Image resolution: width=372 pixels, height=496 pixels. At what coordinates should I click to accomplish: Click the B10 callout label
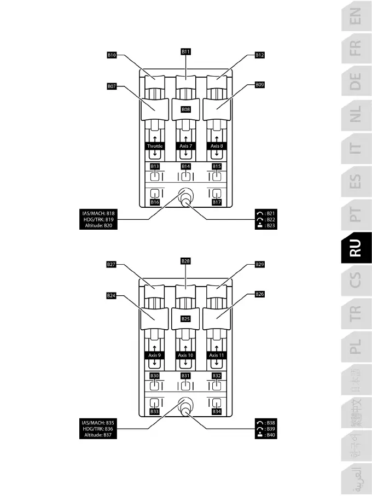[112, 55]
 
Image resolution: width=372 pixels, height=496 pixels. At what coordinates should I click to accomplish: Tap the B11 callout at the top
[186, 51]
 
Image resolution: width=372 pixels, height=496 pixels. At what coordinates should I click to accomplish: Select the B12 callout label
[260, 55]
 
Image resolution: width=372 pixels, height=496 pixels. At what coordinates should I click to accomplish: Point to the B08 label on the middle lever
[186, 109]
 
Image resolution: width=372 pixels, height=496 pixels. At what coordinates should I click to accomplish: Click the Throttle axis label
[155, 147]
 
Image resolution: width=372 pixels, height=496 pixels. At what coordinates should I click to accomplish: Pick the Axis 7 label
[186, 147]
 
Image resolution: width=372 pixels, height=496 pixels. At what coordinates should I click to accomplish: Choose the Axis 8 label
[217, 147]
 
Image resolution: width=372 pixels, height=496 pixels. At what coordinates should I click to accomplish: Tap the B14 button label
[186, 166]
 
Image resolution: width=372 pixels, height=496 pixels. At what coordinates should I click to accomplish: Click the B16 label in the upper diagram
[155, 202]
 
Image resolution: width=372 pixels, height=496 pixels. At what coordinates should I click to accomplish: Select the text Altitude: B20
[98, 225]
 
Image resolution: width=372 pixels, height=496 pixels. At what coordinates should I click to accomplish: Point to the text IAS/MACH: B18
[98, 212]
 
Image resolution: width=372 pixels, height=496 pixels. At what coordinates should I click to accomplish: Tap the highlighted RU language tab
[355, 248]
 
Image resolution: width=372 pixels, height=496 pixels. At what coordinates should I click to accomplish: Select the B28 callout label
[186, 261]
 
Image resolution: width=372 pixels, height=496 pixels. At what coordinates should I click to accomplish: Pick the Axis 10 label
[186, 355]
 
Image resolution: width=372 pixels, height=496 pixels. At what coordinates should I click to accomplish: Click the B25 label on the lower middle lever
[186, 318]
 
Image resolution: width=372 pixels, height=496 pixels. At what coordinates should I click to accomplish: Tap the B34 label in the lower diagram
[217, 411]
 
